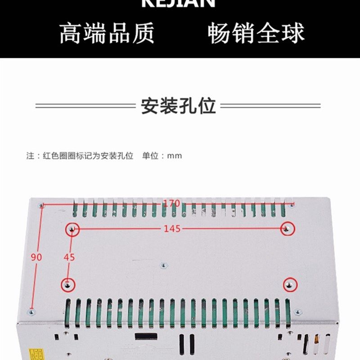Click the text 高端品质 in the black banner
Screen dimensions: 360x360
pos(107,33)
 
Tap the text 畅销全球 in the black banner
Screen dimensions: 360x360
pos(256,33)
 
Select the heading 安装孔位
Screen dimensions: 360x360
pos(179,106)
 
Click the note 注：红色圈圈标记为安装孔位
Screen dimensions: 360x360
pos(80,156)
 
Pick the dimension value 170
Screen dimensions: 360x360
pos(171,203)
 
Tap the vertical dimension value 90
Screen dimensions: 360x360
pos(36,257)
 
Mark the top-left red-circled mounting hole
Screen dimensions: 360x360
pos(72,229)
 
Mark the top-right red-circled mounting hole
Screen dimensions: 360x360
pos(287,229)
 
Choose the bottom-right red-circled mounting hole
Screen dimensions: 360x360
pos(289,284)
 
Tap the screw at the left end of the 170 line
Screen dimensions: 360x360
pos(41,205)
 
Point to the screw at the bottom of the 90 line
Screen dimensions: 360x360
pos(31,311)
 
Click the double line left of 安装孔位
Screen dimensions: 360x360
pos(85,106)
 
